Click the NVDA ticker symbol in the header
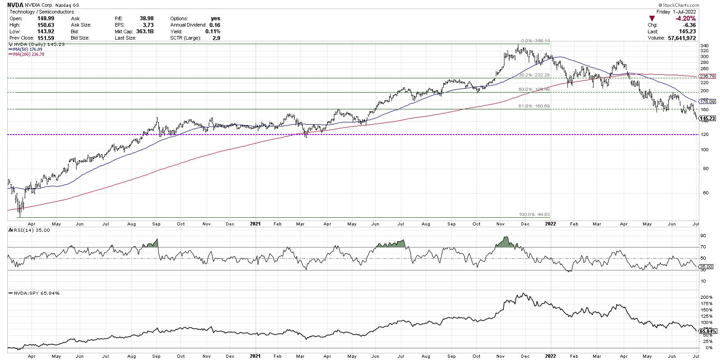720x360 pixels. (x=16, y=4)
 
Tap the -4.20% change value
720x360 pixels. (x=686, y=18)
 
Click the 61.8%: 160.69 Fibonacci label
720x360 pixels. (x=534, y=107)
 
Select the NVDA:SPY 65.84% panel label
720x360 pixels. (x=29, y=293)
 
